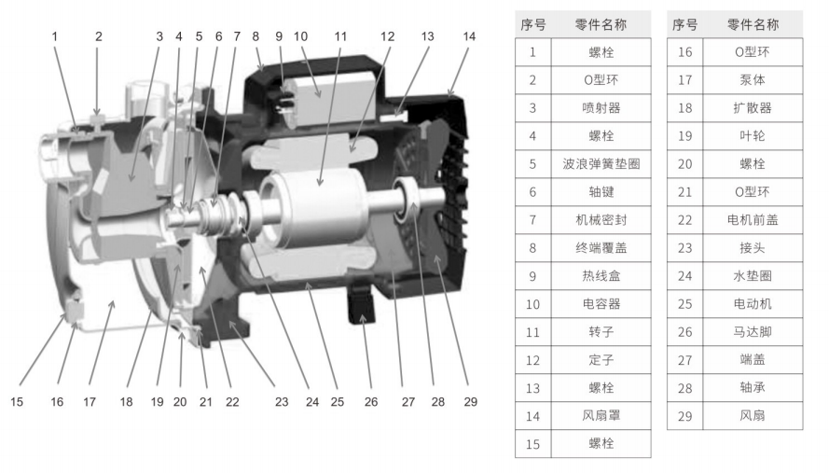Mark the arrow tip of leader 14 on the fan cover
coord(449,98)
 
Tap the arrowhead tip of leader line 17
coord(113,300)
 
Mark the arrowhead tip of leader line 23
coord(228,322)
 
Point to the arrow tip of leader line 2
coord(97,115)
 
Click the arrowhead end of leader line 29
coord(435,255)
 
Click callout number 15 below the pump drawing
coord(17,401)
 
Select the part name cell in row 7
coord(601,220)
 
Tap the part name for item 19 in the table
coord(753,136)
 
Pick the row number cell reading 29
coord(684,416)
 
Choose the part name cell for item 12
coord(601,360)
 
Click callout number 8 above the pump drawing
coord(256,36)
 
